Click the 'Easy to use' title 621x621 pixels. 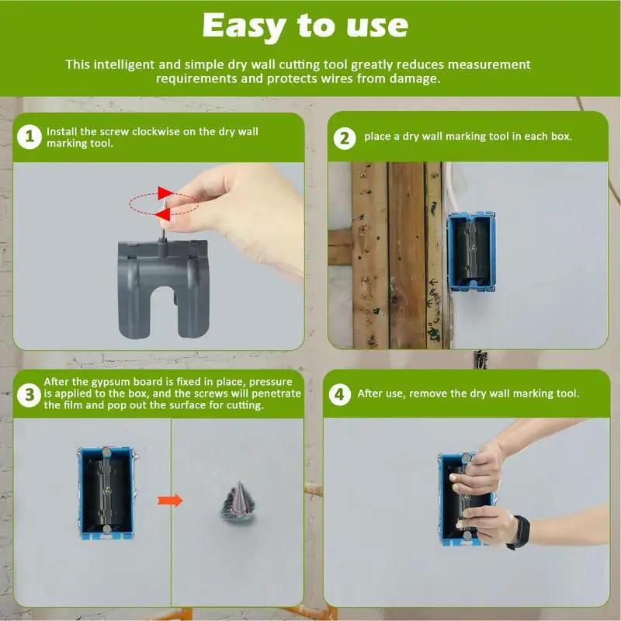(305, 26)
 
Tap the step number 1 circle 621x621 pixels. (29, 137)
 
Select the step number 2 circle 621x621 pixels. (345, 138)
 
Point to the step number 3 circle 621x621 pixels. (29, 395)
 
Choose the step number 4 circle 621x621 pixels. (340, 394)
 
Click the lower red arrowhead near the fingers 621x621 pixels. (162, 215)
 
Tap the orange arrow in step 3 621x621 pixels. (170, 501)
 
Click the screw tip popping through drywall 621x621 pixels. (239, 483)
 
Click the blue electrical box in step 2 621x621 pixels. (471, 252)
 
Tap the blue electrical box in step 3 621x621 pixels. (106, 493)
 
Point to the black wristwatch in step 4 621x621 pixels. (519, 533)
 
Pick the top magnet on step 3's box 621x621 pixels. (106, 452)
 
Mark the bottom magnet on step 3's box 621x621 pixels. (107, 529)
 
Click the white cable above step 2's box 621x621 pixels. (451, 187)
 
